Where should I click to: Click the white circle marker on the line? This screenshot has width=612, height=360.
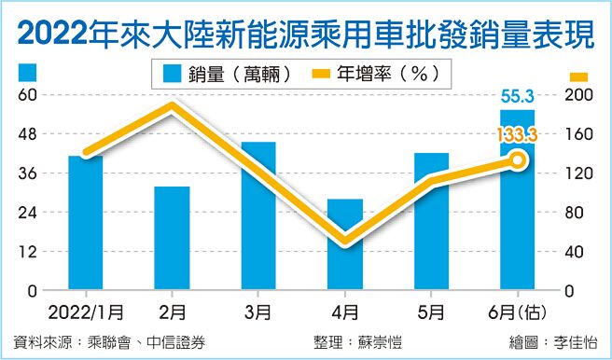pyautogui.click(x=518, y=160)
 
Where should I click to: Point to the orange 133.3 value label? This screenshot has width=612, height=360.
pyautogui.click(x=517, y=136)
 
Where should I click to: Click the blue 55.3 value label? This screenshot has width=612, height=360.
pyautogui.click(x=518, y=94)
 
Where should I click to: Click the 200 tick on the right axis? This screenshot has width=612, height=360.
pyautogui.click(x=578, y=95)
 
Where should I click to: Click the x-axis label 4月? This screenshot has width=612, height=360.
pyautogui.click(x=344, y=309)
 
